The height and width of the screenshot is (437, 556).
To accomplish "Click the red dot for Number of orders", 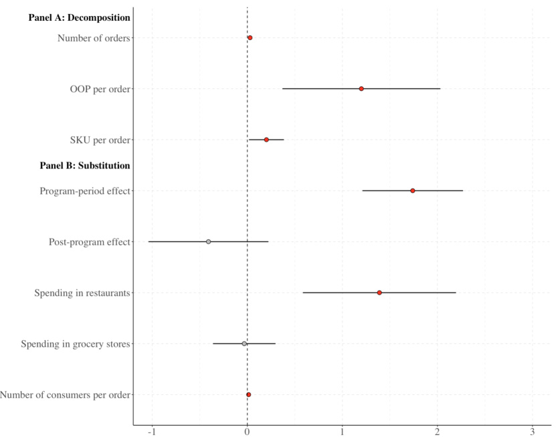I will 250,38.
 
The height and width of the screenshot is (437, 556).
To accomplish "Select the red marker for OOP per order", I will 361,89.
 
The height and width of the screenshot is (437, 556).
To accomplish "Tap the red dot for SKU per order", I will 266,140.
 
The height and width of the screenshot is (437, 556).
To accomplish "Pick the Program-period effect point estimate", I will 413,191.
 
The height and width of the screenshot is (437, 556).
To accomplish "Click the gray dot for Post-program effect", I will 209,242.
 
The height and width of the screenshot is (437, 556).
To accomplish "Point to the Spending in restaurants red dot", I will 379,293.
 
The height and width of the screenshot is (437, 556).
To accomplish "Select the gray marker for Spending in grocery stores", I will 244,344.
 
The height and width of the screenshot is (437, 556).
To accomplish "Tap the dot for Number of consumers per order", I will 248,395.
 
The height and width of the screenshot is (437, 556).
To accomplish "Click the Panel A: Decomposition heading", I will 79,18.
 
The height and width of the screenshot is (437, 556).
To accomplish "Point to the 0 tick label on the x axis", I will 248,430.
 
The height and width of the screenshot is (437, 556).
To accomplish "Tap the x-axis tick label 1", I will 343,430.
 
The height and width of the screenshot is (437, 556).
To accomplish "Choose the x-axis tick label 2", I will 438,430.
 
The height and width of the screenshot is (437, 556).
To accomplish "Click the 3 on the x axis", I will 533,430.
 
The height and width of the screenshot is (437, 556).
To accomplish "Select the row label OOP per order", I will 100,89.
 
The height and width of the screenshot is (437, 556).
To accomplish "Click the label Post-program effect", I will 90,242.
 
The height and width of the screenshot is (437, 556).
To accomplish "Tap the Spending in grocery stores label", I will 76,344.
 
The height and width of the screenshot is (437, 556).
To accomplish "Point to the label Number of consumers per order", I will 66,395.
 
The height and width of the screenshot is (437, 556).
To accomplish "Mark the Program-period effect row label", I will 85,191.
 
